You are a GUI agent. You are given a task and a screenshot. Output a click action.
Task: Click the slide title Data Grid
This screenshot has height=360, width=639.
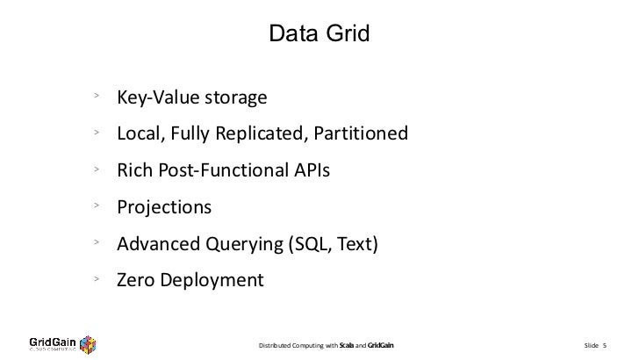[319, 34]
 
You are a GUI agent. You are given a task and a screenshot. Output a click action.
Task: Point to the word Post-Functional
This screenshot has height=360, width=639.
[222, 171]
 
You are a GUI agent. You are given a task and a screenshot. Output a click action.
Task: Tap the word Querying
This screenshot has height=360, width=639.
[238, 245]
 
